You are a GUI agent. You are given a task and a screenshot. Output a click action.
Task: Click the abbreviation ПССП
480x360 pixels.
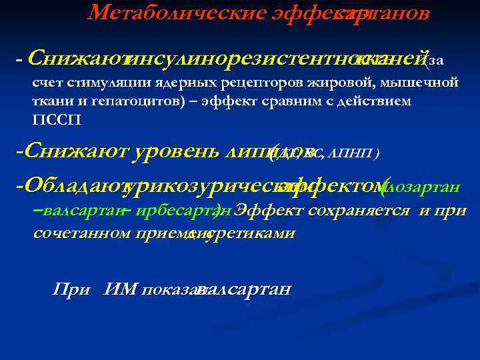click(50, 120)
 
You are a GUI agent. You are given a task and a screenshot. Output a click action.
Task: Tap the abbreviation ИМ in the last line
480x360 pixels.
click(120, 289)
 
